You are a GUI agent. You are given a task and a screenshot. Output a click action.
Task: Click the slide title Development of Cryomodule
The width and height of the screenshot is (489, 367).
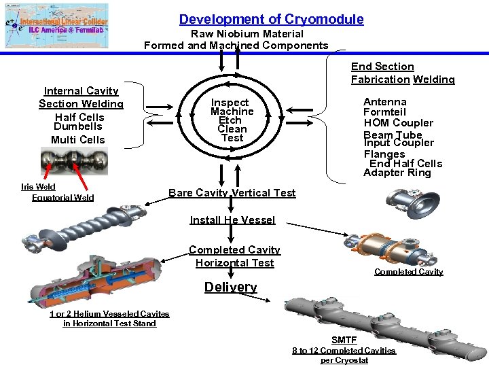pos(271,20)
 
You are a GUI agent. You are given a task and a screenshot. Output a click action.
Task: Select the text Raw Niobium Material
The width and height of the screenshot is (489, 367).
pos(247,34)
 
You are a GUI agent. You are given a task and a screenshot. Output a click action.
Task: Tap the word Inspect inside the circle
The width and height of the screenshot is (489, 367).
pos(231,103)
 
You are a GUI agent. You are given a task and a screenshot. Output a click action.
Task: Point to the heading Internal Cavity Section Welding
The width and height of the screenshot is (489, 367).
pos(81,97)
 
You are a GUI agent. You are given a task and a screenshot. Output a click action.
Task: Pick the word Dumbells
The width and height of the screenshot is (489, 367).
pos(77,126)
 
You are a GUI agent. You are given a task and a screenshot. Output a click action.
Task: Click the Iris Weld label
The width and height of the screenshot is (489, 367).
pos(38,187)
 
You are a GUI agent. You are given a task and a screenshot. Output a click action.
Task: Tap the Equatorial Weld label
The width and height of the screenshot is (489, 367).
pos(62,198)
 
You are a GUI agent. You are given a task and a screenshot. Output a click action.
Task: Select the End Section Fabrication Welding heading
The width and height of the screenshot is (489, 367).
pos(403,73)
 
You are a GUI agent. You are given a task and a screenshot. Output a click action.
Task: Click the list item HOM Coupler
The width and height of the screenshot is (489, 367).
pos(398,123)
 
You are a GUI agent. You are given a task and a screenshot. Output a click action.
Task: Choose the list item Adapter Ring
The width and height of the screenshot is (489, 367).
pos(397,173)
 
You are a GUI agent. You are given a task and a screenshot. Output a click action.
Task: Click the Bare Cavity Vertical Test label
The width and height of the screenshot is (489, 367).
pos(232,193)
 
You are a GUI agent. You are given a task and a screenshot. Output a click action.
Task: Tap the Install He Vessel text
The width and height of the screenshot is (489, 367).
pos(232,220)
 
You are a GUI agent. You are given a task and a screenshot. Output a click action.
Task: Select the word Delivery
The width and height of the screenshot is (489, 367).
pos(231,287)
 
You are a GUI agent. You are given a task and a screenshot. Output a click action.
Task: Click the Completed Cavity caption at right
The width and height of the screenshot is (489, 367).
pos(408,272)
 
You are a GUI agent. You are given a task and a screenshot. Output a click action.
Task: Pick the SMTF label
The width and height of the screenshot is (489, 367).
pos(344,340)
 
